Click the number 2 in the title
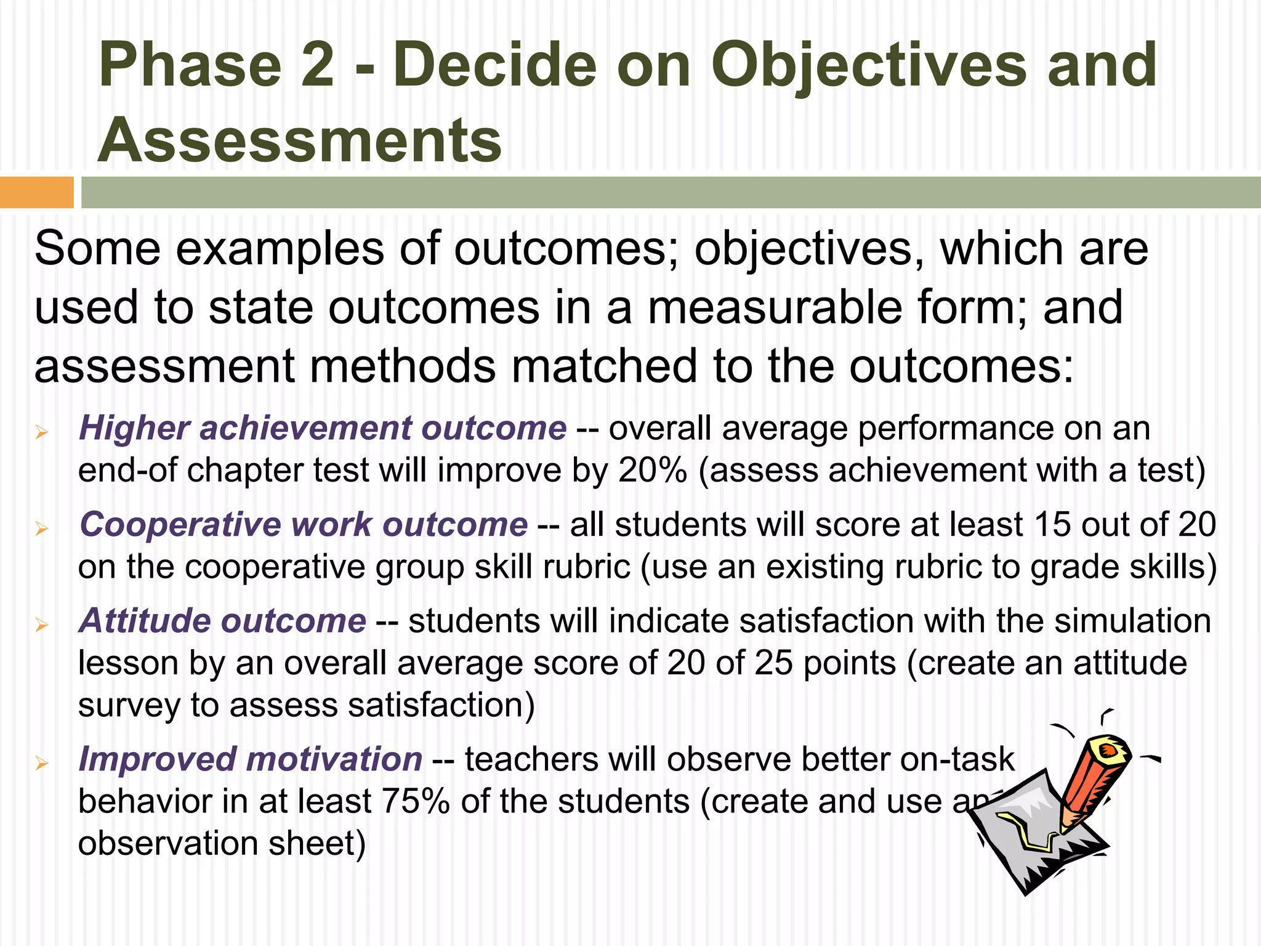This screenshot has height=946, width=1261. coord(318,65)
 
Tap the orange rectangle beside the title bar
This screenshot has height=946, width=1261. coord(36,192)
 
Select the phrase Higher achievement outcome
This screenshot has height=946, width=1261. coord(323,428)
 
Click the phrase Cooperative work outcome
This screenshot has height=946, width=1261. coord(304,525)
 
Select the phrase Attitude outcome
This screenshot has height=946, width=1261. coord(223,621)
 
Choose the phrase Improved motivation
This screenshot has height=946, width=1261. coord(251,759)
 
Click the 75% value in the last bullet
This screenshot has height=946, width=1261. coord(416,801)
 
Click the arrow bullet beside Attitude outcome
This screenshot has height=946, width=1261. coord(42,626)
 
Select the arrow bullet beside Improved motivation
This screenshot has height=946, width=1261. coord(42,764)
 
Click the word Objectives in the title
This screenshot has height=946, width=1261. coord(868,65)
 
